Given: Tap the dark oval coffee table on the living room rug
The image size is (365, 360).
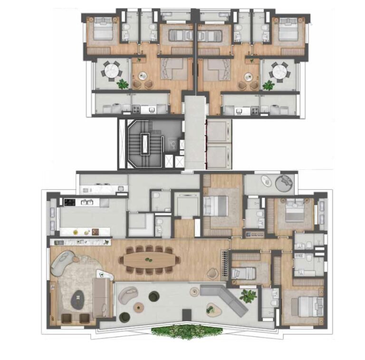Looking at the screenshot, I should tap(77, 300).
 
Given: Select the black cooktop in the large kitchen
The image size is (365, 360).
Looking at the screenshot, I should tap(70, 202).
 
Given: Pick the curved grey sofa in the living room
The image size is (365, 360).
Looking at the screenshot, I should tap(63, 263).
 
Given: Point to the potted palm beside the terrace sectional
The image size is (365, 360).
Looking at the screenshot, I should tap(248, 296).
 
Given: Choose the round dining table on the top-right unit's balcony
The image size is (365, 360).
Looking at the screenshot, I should tap(278, 71).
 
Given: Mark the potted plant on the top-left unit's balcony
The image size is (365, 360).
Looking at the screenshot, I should tap(123, 84).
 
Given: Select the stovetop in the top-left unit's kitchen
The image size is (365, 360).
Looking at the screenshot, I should tap(136, 109).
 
